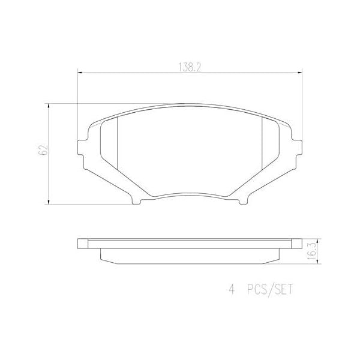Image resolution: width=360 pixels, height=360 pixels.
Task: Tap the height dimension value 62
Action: (x=42, y=151)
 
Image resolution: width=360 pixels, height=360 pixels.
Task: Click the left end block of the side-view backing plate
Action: (x=83, y=244)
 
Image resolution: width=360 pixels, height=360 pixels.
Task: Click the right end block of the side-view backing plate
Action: (x=296, y=244)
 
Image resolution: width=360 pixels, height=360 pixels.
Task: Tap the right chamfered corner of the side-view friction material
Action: (x=278, y=256)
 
